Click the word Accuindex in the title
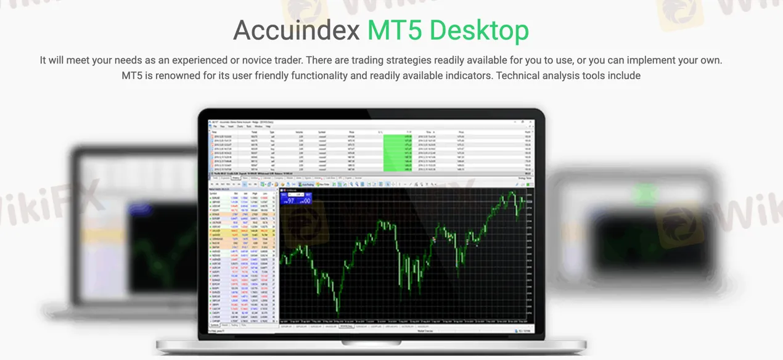point(297,31)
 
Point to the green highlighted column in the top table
point(398,152)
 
